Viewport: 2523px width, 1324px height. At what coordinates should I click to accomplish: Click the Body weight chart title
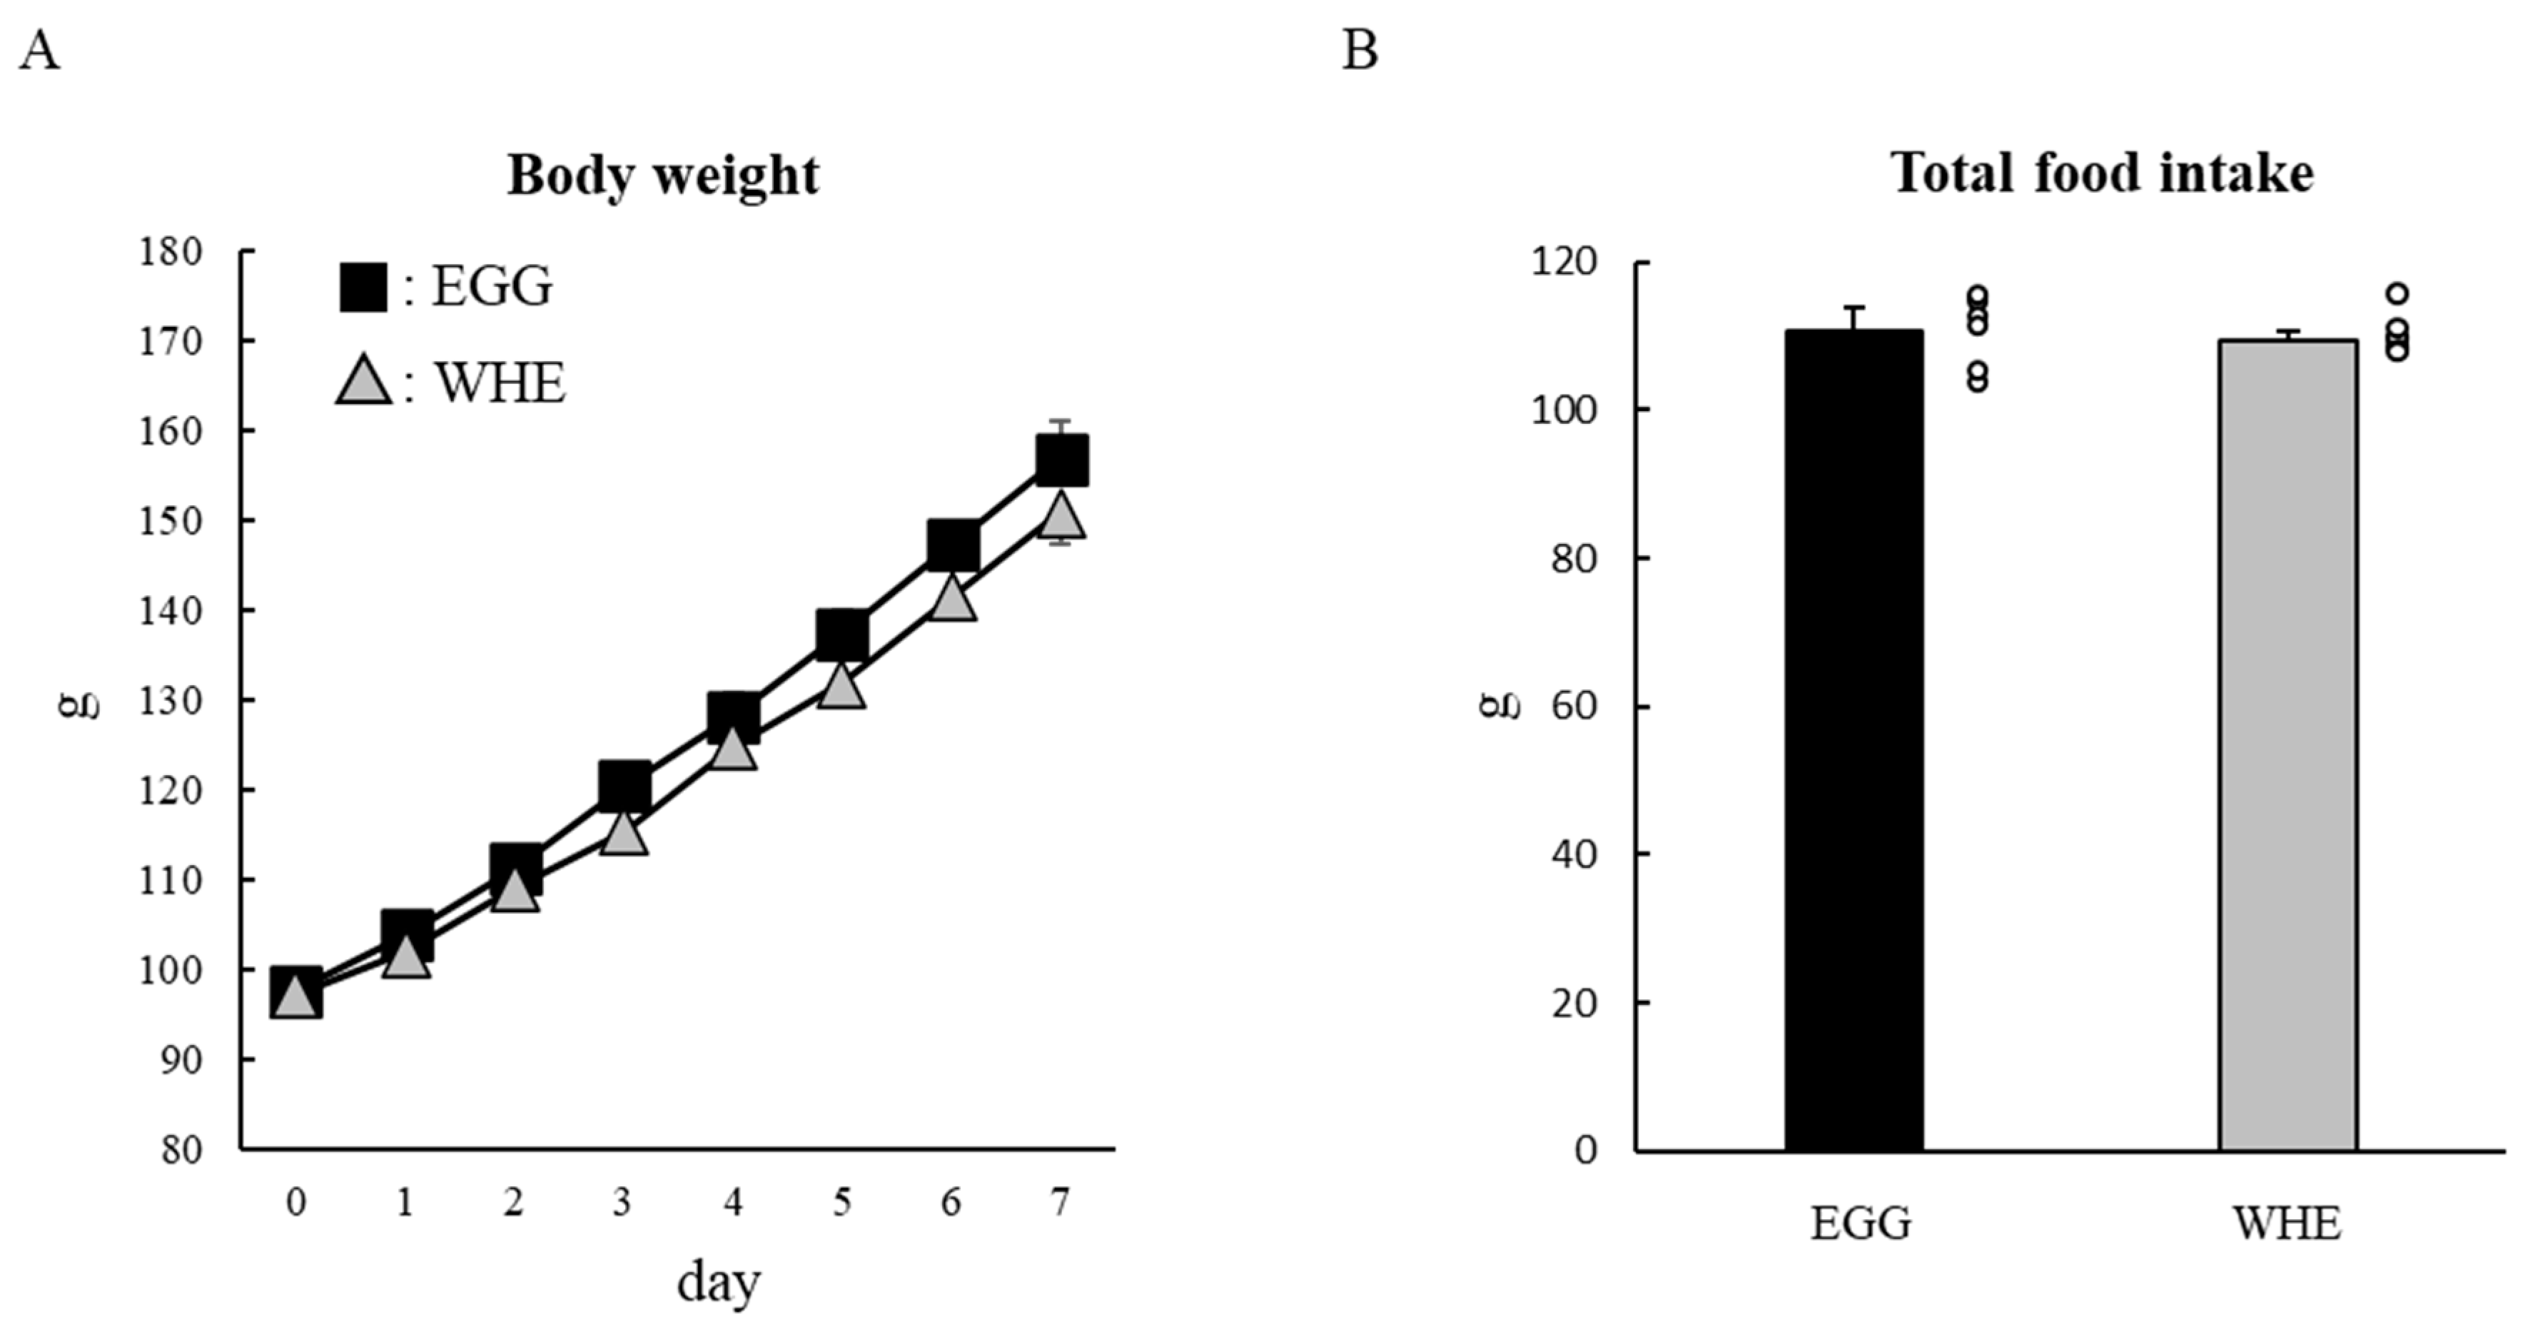663,177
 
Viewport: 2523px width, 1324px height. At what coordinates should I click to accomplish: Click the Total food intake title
2103,173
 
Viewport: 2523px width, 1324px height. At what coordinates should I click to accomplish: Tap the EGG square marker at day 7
1062,460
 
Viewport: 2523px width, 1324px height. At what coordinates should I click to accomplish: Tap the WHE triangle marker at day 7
1062,516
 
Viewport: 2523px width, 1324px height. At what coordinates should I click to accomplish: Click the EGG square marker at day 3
624,785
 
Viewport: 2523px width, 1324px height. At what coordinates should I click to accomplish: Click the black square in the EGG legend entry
363,287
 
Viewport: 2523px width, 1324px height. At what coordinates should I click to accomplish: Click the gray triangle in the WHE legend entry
363,382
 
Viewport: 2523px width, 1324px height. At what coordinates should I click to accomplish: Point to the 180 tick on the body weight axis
171,253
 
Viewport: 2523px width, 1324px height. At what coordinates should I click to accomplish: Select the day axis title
718,1283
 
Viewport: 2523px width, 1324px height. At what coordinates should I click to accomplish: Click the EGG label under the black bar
1860,1224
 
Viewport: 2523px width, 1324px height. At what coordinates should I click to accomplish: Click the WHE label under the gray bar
2287,1224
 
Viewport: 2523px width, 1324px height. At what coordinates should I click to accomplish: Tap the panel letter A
39,51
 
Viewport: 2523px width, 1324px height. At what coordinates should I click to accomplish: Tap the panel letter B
1360,51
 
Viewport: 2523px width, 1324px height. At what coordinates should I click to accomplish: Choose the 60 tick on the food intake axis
1575,706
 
